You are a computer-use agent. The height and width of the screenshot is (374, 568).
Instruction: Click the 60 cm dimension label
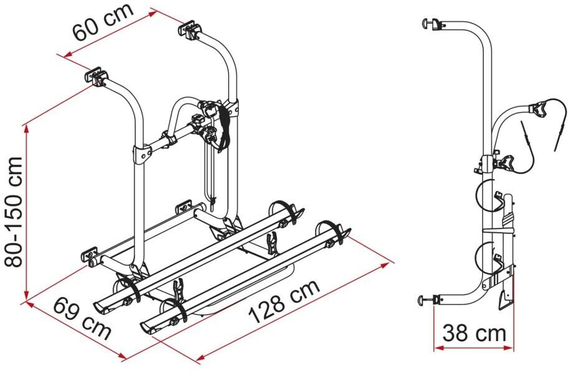103,22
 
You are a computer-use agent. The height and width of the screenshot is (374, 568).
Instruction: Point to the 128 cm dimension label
285,302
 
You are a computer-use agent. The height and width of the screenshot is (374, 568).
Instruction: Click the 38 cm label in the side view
474,333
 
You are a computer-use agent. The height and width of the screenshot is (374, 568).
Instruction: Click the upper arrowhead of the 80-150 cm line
25,129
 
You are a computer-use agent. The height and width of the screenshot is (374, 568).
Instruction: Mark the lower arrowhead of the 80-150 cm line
26,295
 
